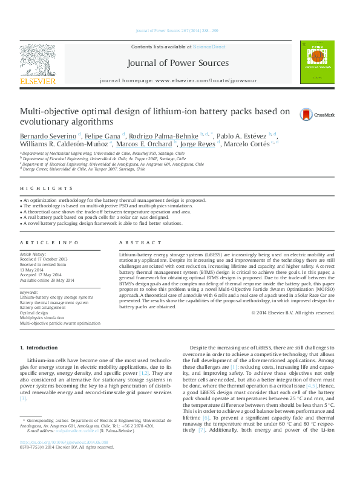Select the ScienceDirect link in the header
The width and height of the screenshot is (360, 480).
209,47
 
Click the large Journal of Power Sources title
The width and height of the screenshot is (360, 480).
178,63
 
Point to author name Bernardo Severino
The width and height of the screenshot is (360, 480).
44,135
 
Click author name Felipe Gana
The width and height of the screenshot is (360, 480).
102,135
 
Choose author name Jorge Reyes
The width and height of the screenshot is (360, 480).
198,144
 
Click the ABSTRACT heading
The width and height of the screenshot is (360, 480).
136,242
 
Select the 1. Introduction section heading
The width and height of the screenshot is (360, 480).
39,348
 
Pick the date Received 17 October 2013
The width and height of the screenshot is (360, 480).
44,259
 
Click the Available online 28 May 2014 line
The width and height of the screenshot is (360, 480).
47,280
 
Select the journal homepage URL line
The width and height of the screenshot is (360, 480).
177,80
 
